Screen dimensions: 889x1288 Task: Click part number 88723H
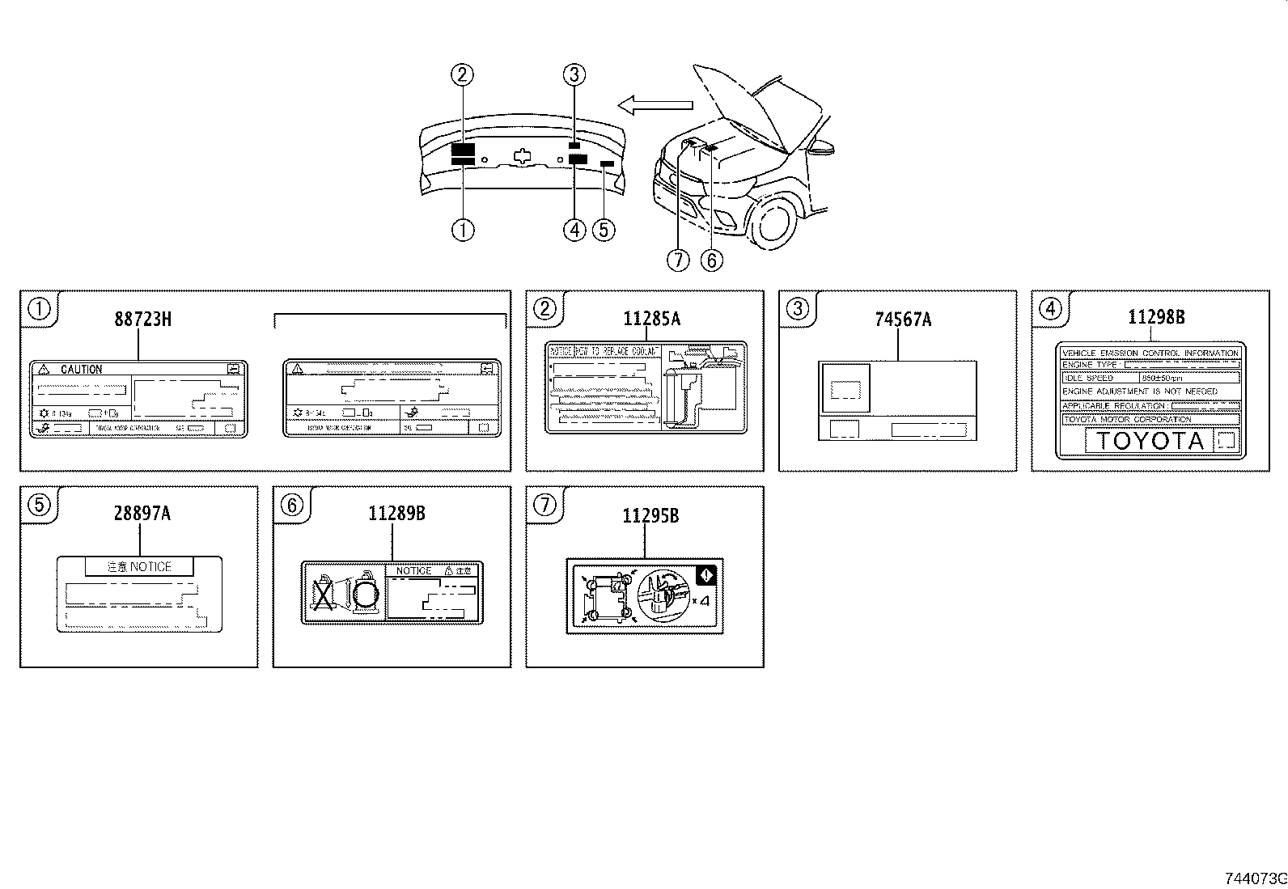[x=142, y=319]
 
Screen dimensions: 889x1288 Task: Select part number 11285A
[x=651, y=319]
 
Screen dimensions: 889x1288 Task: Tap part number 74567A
[x=903, y=320]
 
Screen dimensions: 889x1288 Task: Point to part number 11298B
[x=1156, y=317]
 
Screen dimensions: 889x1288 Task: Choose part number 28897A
[x=142, y=513]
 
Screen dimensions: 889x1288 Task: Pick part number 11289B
[x=396, y=513]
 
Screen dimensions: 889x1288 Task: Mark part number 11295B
[x=650, y=515]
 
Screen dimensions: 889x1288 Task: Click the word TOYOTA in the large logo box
[x=1150, y=441]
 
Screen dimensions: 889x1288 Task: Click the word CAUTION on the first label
[x=81, y=370]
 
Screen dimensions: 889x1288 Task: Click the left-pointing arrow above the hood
[x=655, y=104]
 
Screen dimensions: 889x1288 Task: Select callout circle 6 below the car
[x=711, y=260]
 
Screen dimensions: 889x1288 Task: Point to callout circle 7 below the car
[x=678, y=260]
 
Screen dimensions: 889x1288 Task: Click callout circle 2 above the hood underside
[x=462, y=75]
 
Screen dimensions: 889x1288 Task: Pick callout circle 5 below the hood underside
[x=604, y=230]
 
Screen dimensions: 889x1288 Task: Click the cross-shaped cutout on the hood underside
[x=524, y=155]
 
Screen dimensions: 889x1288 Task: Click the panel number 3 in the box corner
[x=798, y=308]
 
